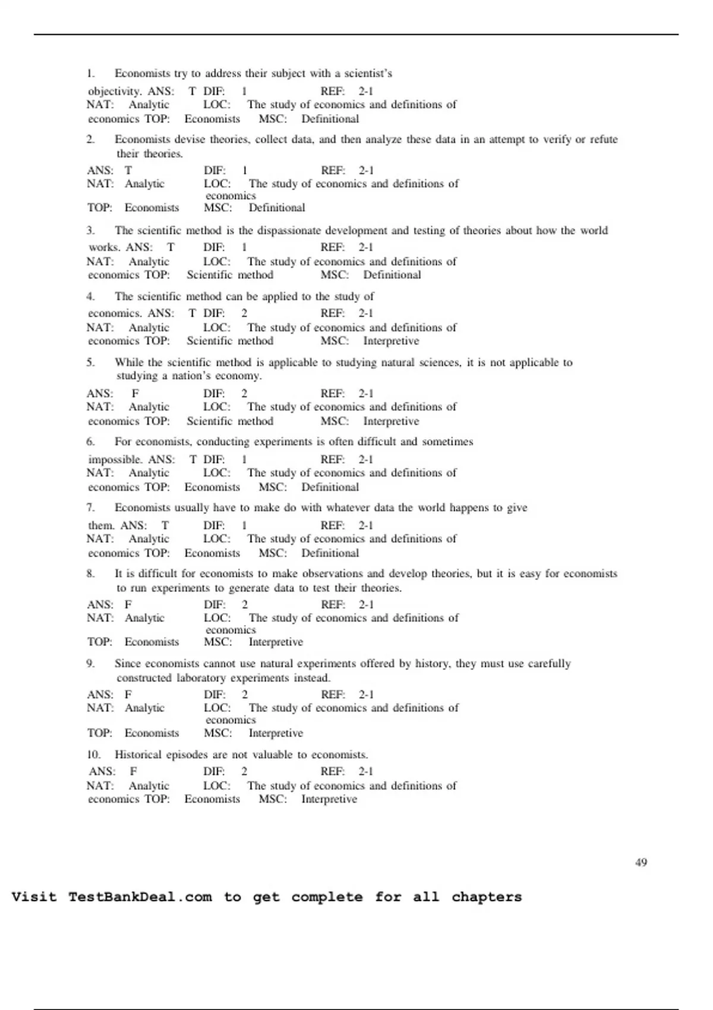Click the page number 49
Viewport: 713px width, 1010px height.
pyautogui.click(x=641, y=862)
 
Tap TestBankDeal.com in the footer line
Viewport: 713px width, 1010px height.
pyautogui.click(x=140, y=897)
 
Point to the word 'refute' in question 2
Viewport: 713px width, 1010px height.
pyautogui.click(x=604, y=140)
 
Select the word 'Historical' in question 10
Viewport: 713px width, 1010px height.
pyautogui.click(x=138, y=755)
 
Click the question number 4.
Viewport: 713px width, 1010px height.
pyautogui.click(x=90, y=296)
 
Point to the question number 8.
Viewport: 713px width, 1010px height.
pyautogui.click(x=90, y=574)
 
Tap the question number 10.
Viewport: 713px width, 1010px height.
pyautogui.click(x=93, y=755)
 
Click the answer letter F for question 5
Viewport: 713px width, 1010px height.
pyautogui.click(x=135, y=393)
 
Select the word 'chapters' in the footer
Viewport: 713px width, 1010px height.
pyautogui.click(x=486, y=897)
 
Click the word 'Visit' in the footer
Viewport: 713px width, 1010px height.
pyautogui.click(x=34, y=897)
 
